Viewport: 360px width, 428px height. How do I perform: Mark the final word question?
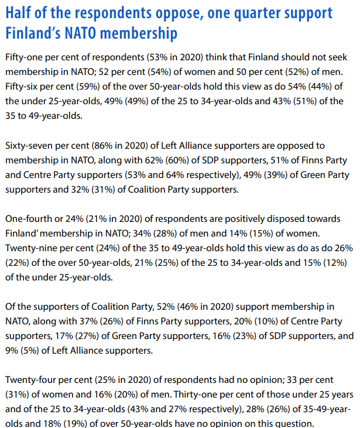293,423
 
